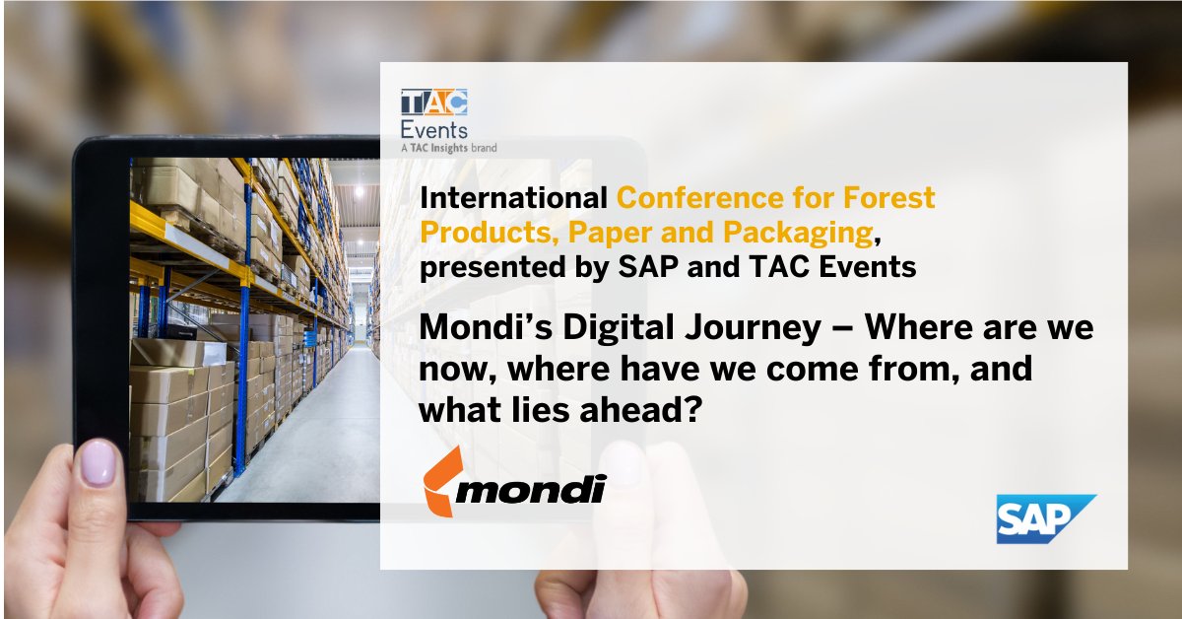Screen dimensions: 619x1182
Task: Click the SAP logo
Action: pyautogui.click(x=1045, y=518)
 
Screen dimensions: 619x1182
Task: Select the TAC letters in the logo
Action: pyautogui.click(x=433, y=103)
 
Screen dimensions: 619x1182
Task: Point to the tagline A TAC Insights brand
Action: pyautogui.click(x=448, y=148)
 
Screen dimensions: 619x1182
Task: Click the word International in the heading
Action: pyautogui.click(x=513, y=198)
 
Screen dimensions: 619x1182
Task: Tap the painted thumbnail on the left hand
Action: pyautogui.click(x=98, y=462)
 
